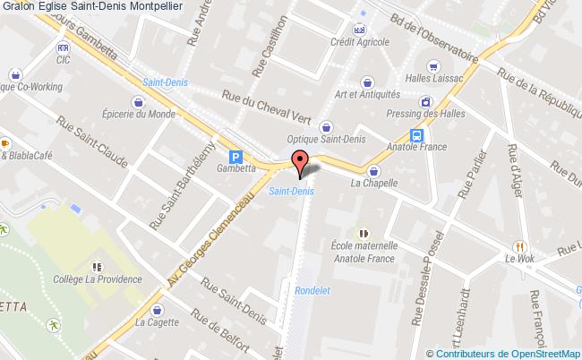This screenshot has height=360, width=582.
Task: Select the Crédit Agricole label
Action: pyautogui.click(x=357, y=43)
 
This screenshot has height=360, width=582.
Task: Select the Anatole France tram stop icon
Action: pyautogui.click(x=417, y=135)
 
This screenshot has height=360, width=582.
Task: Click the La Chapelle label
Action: pyautogui.click(x=373, y=184)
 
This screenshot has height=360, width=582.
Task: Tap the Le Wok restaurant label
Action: pyautogui.click(x=519, y=259)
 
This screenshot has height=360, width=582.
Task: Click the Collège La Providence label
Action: pyautogui.click(x=98, y=279)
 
